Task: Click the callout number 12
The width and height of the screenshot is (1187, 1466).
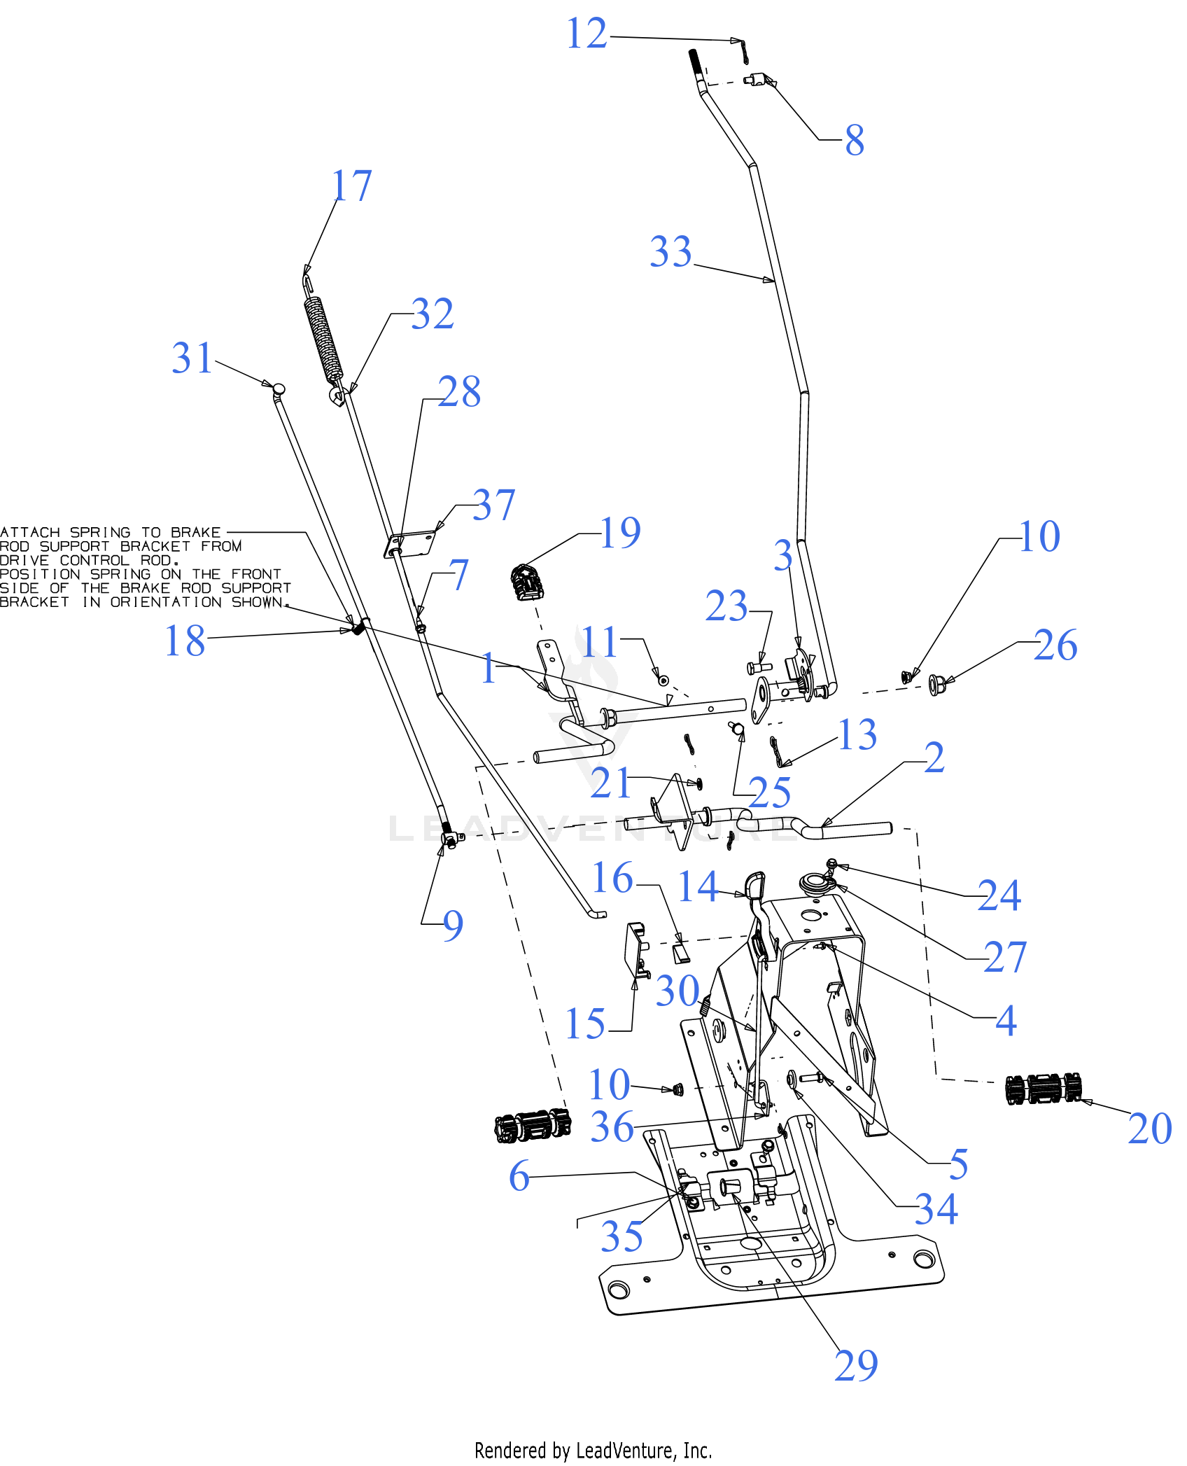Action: (587, 34)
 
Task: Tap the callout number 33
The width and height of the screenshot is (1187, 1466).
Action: (670, 251)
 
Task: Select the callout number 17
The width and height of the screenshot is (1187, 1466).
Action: (351, 186)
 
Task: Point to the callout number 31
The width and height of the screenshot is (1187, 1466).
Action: (192, 358)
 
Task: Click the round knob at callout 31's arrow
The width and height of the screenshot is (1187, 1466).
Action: (279, 388)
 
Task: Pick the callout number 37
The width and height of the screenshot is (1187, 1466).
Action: (494, 505)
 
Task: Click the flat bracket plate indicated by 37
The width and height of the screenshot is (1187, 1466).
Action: (411, 544)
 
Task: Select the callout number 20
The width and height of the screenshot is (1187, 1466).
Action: (1150, 1129)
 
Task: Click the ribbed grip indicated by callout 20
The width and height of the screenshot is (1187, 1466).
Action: (1043, 1089)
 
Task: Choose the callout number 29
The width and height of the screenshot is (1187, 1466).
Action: (856, 1365)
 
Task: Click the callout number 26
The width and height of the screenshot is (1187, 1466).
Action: (1055, 645)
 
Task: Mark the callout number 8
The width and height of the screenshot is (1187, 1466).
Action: (855, 139)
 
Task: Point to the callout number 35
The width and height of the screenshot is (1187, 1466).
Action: (621, 1236)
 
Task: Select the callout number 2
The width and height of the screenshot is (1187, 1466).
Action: (934, 758)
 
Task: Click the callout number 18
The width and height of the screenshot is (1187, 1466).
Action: (185, 640)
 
